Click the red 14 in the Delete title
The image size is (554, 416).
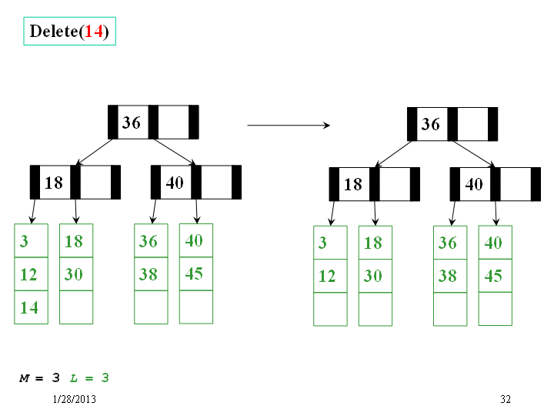click(94, 31)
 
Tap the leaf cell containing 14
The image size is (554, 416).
click(31, 307)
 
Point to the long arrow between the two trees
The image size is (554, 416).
click(289, 125)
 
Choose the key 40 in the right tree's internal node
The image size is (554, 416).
click(475, 184)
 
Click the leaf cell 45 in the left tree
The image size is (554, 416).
click(196, 273)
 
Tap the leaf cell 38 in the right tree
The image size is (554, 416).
click(450, 276)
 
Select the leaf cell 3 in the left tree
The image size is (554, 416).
click(31, 240)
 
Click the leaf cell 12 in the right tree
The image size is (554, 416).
click(330, 276)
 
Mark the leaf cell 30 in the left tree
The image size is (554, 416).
click(76, 274)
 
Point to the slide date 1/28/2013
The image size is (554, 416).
click(74, 399)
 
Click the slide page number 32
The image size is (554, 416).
click(506, 399)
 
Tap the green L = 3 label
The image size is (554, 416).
click(89, 378)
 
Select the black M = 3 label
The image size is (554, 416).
click(39, 378)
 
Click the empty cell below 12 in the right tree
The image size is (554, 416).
click(330, 309)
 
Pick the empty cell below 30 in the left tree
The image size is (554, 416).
click(76, 307)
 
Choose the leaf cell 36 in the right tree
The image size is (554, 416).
click(450, 243)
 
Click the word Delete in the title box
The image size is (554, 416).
click(54, 31)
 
